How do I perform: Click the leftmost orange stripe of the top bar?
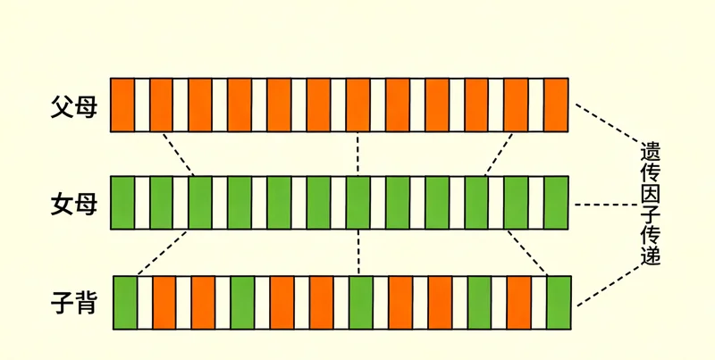[122, 105]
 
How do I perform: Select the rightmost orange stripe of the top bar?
[556, 105]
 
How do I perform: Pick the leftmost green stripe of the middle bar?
[122, 203]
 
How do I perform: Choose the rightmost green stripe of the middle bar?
[556, 203]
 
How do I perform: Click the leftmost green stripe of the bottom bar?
[124, 302]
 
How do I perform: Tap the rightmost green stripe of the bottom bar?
[559, 302]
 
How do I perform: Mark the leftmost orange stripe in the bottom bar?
[164, 302]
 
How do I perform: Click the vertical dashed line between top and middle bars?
[357, 154]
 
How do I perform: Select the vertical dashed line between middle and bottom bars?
[357, 252]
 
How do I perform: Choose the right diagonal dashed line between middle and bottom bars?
[527, 252]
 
